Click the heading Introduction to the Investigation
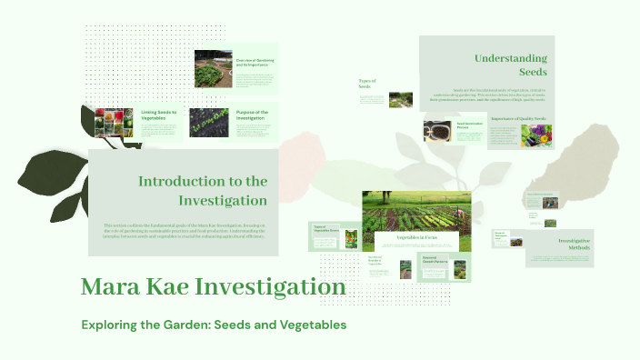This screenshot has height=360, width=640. [202, 190]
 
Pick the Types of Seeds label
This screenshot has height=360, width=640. [367, 84]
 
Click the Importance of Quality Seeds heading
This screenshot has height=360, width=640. [518, 119]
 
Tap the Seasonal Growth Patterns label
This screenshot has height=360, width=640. [435, 260]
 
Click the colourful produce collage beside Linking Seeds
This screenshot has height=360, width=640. [114, 123]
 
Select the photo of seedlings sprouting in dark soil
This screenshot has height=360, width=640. [207, 123]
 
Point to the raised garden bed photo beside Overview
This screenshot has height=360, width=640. [213, 69]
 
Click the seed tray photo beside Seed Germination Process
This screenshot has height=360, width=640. [438, 131]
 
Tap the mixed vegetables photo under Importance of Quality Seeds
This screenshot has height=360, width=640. [535, 136]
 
